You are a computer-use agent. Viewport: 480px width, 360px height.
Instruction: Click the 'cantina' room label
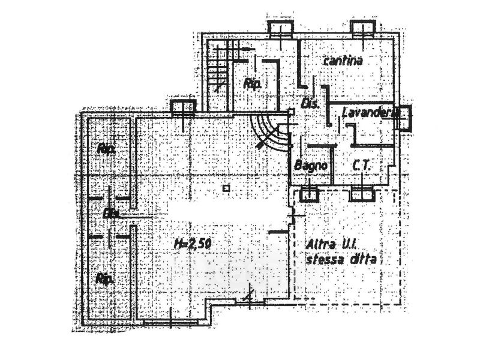coord(344,61)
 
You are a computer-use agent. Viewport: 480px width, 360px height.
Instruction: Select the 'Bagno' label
coord(311,165)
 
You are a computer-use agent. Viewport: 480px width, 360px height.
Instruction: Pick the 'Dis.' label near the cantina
coord(309,104)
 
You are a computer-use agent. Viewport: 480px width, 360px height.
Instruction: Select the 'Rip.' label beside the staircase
coord(251,85)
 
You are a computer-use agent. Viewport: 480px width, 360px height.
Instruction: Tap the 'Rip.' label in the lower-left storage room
coord(105,278)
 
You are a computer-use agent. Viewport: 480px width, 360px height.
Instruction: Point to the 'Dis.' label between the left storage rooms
coord(111,213)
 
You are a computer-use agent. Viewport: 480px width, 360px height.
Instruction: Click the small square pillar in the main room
coord(226,188)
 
